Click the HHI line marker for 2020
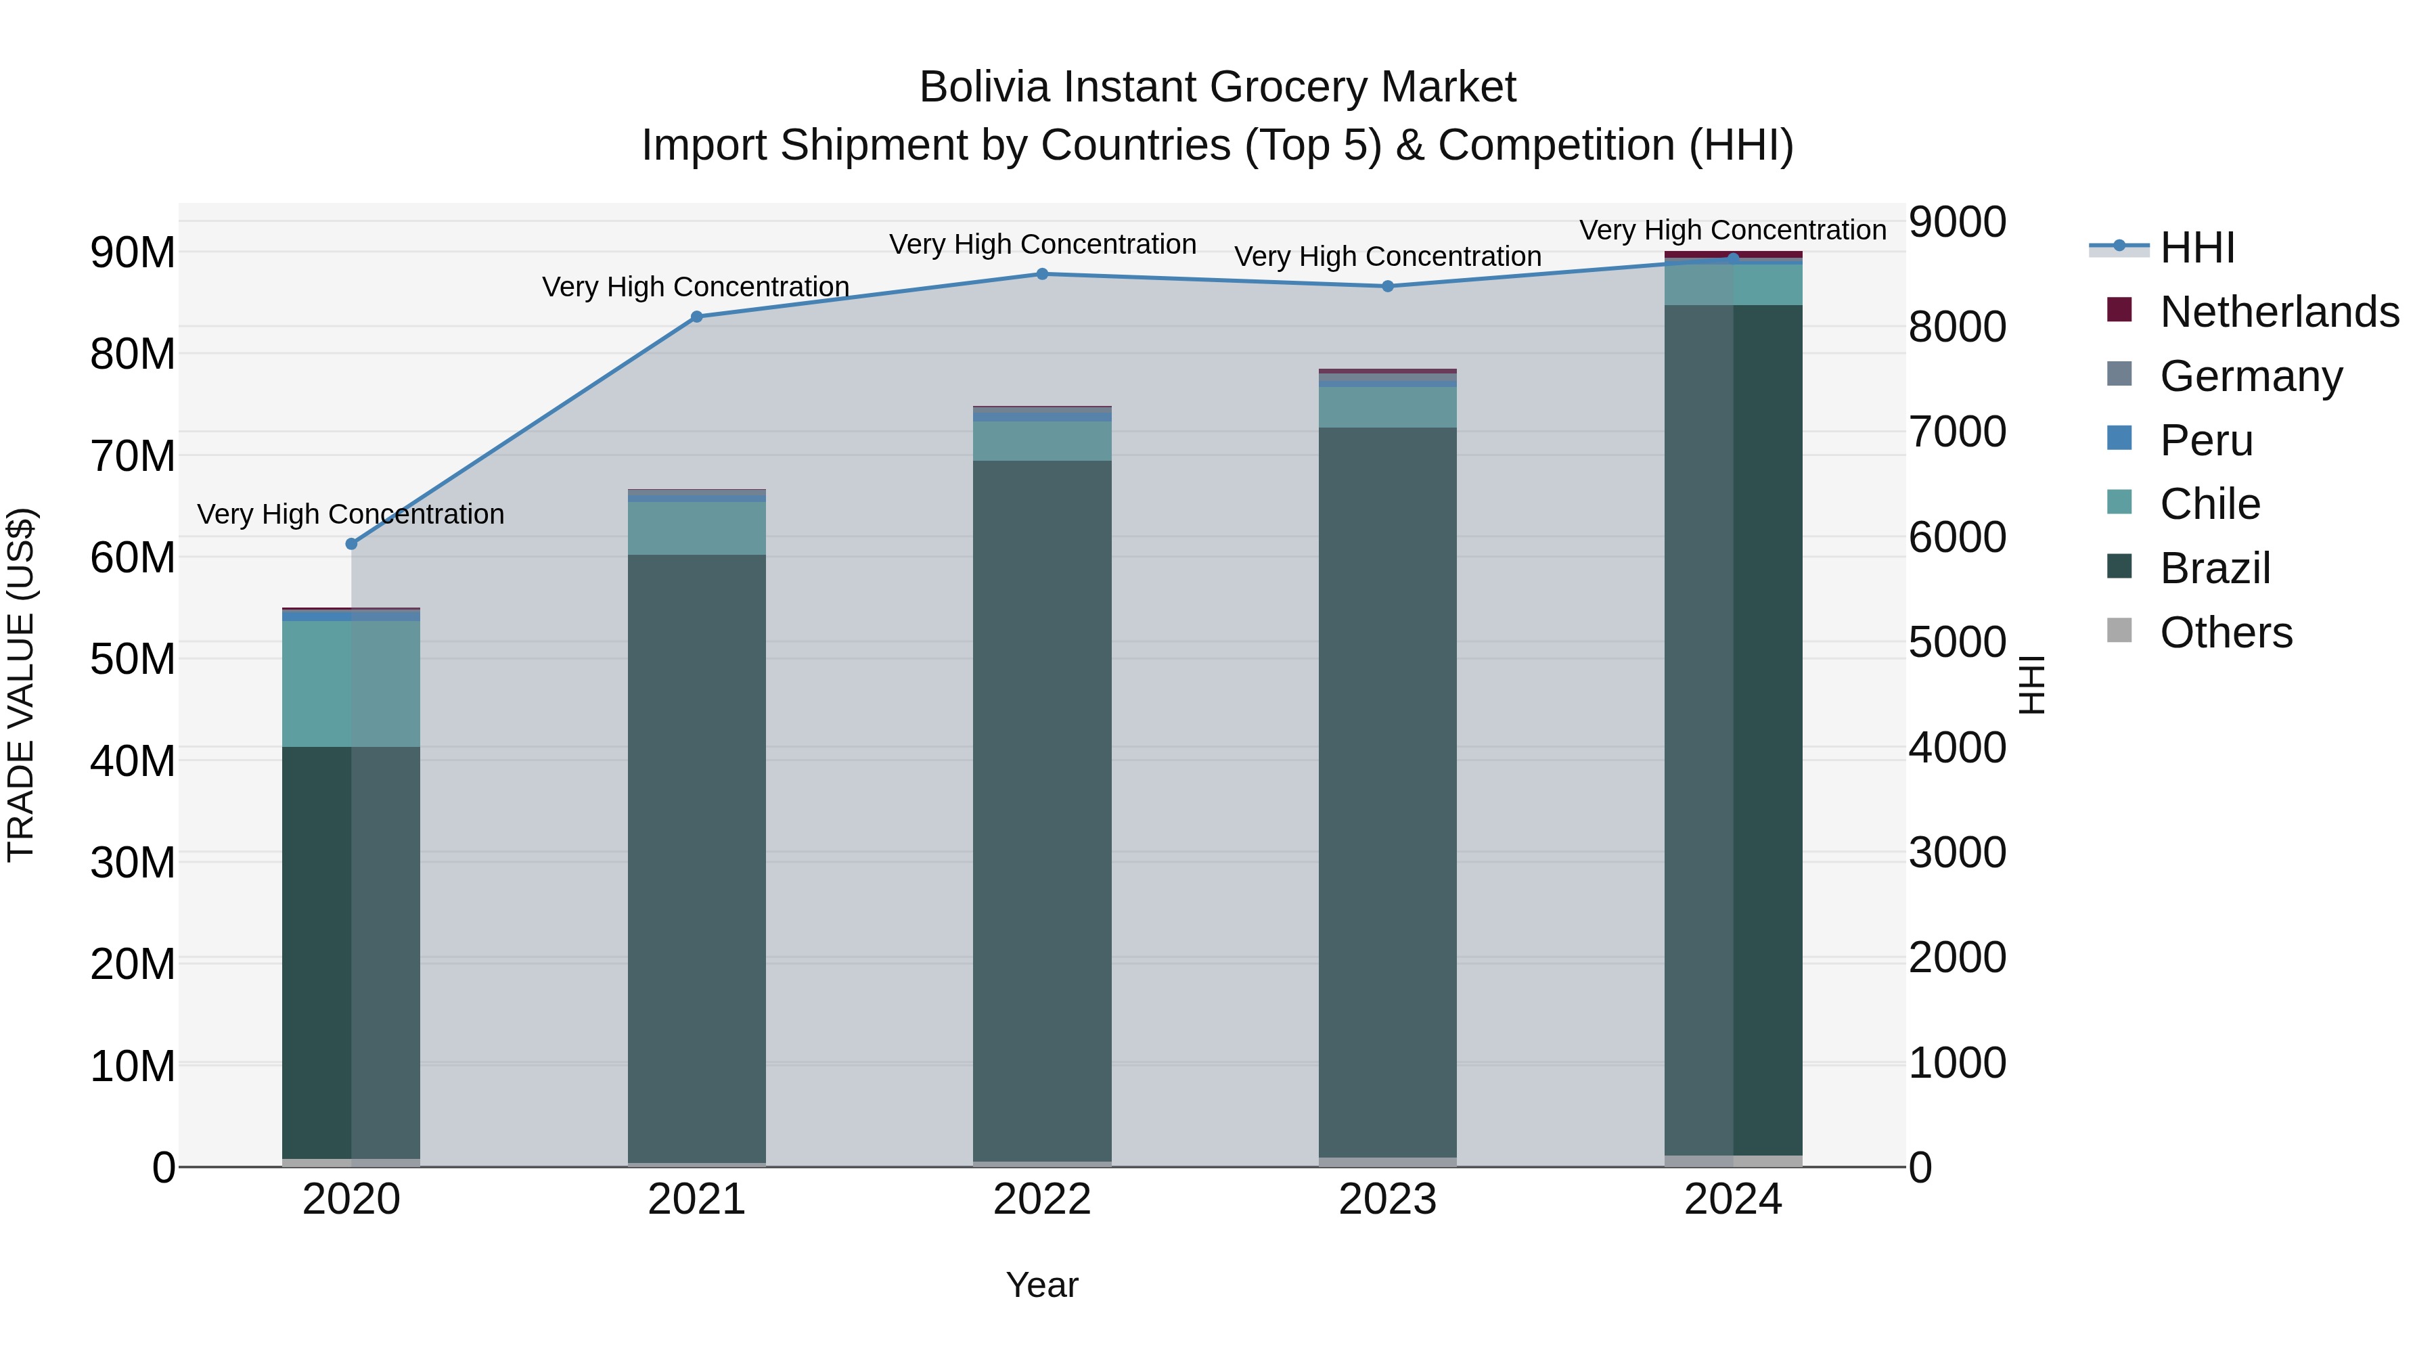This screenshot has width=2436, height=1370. [x=351, y=544]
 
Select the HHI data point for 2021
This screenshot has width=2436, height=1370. [x=697, y=317]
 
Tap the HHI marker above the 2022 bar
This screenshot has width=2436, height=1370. [x=1042, y=274]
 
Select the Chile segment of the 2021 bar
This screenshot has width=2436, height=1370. [x=697, y=528]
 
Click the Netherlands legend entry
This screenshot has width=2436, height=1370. [x=2279, y=312]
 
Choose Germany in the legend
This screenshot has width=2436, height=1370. [x=2251, y=376]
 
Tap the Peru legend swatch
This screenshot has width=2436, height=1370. [x=2120, y=438]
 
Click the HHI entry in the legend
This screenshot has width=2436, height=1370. [x=2196, y=248]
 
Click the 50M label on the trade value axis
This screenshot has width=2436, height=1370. [x=133, y=660]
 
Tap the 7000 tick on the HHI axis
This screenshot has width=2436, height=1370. [x=1956, y=432]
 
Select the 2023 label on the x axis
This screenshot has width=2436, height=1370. [x=1387, y=1200]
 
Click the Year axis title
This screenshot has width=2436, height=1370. [x=1042, y=1285]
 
